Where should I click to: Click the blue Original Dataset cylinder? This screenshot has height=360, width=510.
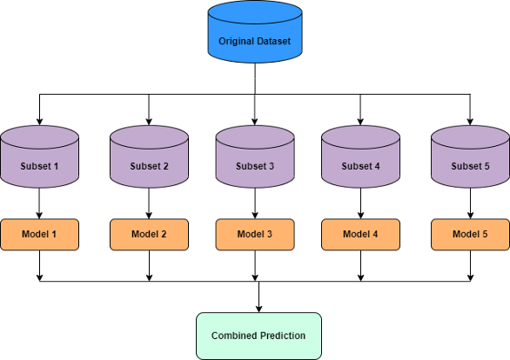coord(255,32)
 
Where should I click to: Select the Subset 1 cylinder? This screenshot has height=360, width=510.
coord(39,157)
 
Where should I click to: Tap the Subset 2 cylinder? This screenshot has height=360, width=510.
coord(149,157)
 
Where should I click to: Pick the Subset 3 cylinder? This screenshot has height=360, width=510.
coord(255,157)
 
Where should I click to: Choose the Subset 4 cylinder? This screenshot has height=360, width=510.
coord(360,157)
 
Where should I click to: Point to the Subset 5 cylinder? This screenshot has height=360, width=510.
coord(470,157)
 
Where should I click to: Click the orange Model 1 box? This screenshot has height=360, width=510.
coord(39,235)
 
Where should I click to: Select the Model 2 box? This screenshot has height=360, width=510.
coord(149,235)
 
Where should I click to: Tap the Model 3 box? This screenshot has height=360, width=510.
coord(255,235)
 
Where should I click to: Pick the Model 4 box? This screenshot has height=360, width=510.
coord(360,235)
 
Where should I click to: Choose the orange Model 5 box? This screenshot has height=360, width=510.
coord(470,235)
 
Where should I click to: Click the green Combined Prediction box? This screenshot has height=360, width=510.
coord(258,336)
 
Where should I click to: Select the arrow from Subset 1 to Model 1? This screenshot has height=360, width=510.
coord(39,203)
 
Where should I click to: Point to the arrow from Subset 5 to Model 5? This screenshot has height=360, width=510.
coord(470,203)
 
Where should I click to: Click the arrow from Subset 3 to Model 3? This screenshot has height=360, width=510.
coord(255,203)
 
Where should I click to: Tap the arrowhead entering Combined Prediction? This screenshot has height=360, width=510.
coord(258,309)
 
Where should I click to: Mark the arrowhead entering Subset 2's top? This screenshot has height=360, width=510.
coord(149,122)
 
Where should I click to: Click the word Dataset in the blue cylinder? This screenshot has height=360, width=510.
coord(273,41)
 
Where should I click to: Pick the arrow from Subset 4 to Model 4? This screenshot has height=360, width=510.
coord(360,203)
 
